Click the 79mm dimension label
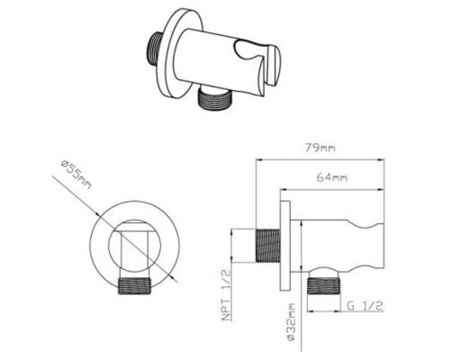click(x=320, y=148)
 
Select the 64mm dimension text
click(x=332, y=177)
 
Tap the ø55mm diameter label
click(x=76, y=175)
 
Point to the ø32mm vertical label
click(x=291, y=321)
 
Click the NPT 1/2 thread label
click(x=227, y=295)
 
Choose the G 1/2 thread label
click(x=364, y=306)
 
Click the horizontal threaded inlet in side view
click(x=267, y=246)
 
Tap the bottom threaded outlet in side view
click(x=324, y=286)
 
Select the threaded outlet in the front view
click(x=134, y=286)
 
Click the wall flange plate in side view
click(x=285, y=246)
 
